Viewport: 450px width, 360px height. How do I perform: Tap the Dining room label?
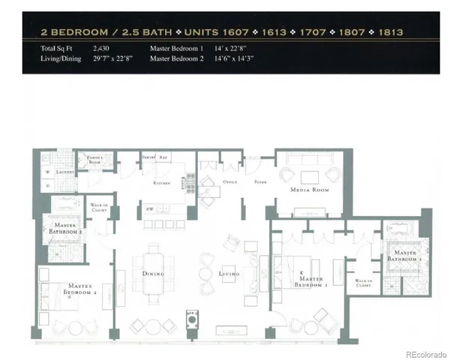(153, 274)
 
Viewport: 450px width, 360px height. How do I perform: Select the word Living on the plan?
(229, 274)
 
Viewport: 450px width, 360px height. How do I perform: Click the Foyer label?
(259, 182)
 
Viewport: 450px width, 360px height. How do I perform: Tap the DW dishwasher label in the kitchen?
(151, 209)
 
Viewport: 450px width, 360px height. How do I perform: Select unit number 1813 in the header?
(390, 33)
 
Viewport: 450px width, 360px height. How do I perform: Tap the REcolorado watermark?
(424, 353)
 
